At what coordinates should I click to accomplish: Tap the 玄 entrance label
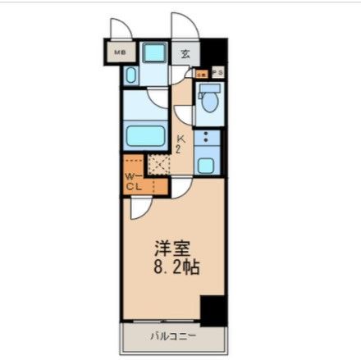185,54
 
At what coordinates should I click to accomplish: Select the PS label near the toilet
217,74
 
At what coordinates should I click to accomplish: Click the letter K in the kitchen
180,139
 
